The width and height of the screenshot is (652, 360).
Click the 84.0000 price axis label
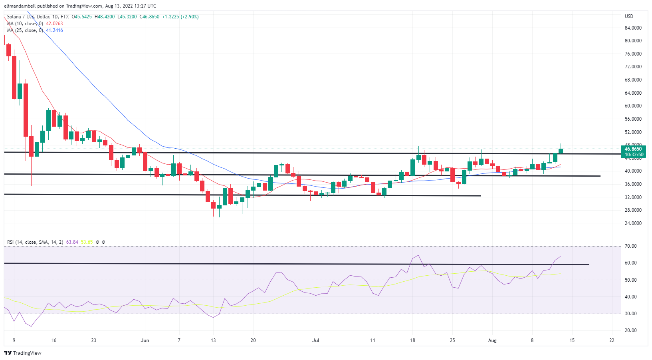(633, 28)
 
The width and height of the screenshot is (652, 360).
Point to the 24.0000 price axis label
(633, 223)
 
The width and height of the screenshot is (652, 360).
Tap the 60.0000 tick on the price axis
(633, 106)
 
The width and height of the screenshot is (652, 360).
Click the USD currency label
(629, 16)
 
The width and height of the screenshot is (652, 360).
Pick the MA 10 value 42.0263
(54, 24)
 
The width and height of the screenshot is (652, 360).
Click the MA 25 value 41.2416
(54, 30)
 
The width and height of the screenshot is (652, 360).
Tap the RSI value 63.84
(72, 242)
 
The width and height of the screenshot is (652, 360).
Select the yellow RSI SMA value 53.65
(87, 242)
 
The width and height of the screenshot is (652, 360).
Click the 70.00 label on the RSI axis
(631, 246)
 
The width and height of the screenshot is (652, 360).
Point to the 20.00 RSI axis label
(631, 330)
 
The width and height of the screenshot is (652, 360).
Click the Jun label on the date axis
(145, 340)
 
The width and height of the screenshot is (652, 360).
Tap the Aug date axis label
(492, 340)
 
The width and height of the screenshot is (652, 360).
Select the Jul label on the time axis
(316, 340)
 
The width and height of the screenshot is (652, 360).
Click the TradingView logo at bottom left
(23, 353)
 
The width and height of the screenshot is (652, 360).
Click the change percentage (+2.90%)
(190, 17)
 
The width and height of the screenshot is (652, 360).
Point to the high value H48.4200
(105, 17)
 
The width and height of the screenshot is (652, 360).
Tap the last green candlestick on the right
(561, 151)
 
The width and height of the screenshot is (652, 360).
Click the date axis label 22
(612, 340)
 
